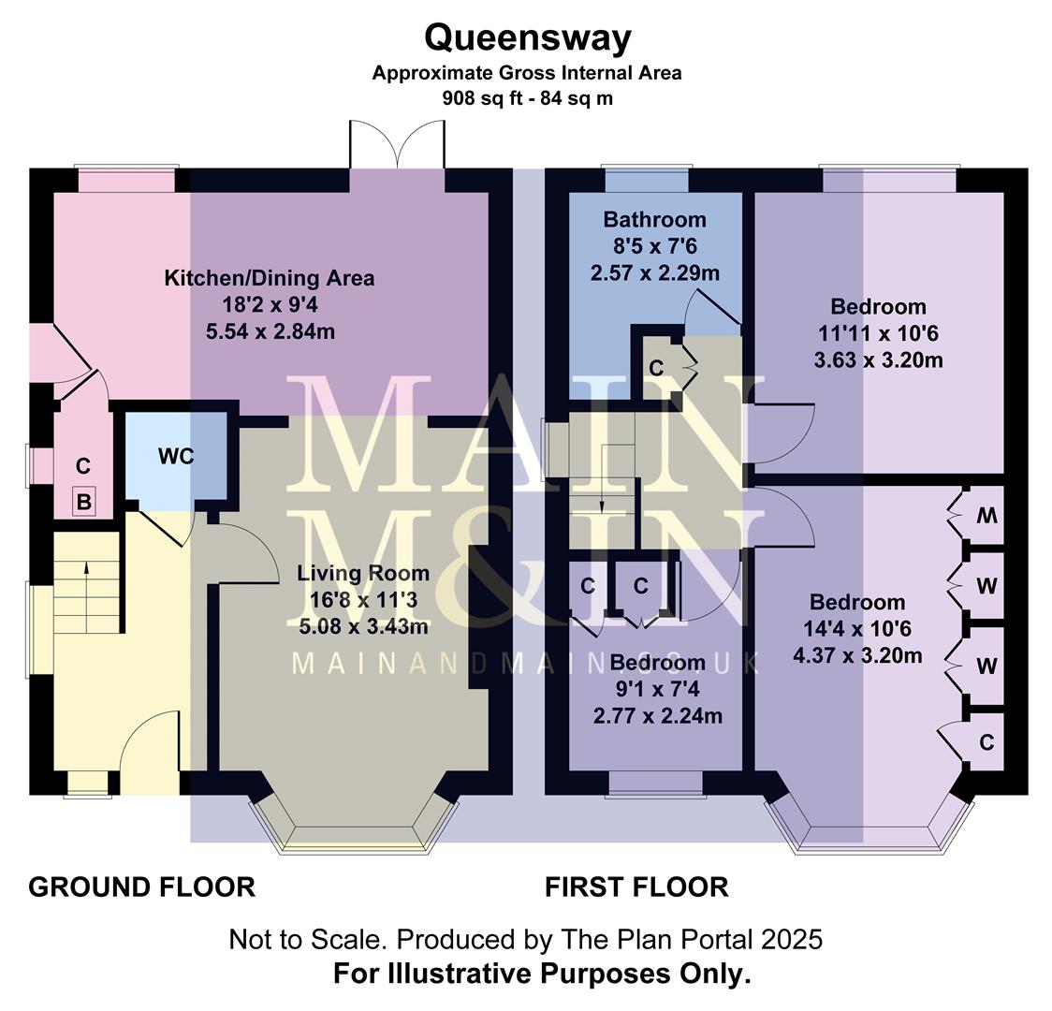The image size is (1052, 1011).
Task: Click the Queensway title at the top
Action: tap(528, 38)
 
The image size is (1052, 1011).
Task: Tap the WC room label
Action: tap(176, 456)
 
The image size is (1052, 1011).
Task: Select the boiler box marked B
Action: tap(84, 503)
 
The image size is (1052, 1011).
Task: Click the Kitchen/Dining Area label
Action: tap(270, 278)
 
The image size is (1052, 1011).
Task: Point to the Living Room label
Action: tap(363, 573)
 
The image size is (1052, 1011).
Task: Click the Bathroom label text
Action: tap(654, 220)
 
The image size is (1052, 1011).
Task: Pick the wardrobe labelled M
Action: tap(986, 516)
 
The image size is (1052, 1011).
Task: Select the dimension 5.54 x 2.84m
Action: tap(270, 330)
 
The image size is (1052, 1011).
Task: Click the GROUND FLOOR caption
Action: tap(142, 886)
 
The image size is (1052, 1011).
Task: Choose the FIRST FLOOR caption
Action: tap(636, 886)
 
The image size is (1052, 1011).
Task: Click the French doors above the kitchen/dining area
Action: tap(397, 145)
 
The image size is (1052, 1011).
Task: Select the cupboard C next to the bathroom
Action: tap(656, 368)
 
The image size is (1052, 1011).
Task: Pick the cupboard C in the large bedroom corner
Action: tap(986, 742)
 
